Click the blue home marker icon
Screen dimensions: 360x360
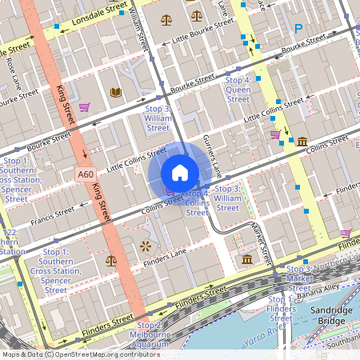coord(180,173)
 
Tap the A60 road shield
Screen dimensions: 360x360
coord(86,174)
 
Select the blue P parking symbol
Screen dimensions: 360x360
coord(298,29)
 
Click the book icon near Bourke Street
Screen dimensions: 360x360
coord(116,93)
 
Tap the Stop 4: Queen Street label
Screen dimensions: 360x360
coord(238,90)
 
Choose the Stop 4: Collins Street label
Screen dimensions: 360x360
coord(198,202)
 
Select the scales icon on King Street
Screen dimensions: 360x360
coord(110,260)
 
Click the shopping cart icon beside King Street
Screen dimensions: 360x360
coord(85,106)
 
